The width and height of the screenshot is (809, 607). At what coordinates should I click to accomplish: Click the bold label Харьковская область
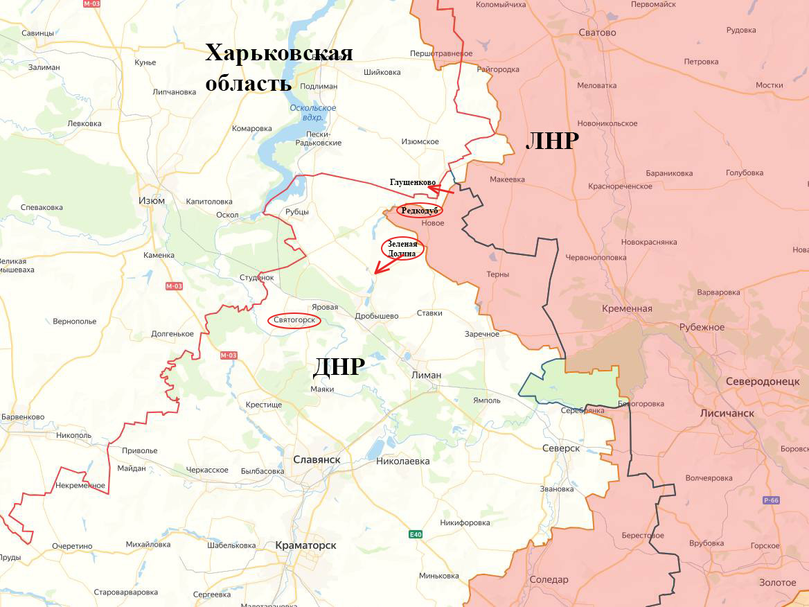278,68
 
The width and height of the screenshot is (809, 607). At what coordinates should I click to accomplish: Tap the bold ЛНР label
552,141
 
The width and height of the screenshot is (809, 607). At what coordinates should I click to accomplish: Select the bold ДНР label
338,366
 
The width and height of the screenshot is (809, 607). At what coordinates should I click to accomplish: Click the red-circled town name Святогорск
294,320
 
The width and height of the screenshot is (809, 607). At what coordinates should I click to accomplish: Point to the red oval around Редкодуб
420,210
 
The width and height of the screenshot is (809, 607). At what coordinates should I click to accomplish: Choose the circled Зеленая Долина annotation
402,249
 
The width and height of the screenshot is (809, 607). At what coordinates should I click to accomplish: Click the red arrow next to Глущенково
441,188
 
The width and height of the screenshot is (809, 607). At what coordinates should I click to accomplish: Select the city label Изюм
152,201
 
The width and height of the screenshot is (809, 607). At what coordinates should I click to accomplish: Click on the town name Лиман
426,375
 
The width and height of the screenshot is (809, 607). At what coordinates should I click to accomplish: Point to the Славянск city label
317,459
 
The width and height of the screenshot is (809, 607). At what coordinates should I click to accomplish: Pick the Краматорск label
305,545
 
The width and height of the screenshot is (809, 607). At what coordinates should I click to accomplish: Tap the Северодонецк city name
762,382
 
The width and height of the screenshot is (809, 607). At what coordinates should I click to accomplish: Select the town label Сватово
597,33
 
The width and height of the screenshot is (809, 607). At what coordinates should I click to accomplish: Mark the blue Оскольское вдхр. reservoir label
313,113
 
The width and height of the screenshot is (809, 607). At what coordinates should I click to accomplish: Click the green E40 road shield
415,534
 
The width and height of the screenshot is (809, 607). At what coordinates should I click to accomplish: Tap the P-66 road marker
772,500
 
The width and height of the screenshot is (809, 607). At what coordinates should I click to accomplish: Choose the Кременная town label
627,308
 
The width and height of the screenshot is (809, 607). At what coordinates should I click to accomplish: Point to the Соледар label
549,579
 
